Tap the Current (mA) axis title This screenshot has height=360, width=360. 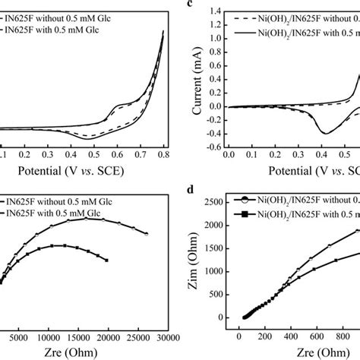coord(195,81)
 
